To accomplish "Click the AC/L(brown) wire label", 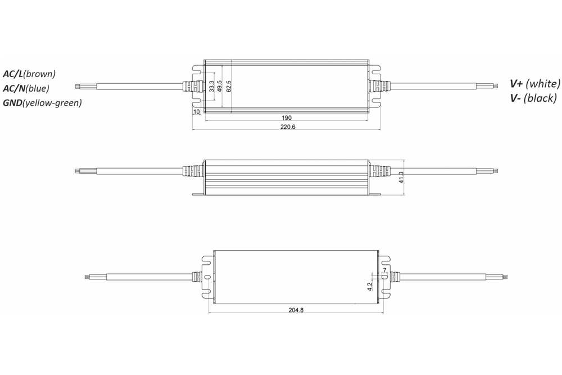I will coord(29,74).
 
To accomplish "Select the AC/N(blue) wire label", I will coord(26,88).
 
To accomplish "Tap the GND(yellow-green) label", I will coord(42,102).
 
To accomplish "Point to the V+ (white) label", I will coord(534,84).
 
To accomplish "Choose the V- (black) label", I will coord(532,98).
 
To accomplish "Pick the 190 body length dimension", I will coord(287,118).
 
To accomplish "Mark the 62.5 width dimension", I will coord(229,86).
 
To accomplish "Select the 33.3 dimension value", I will coord(211,86).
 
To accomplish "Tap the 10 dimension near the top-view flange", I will coord(196,111).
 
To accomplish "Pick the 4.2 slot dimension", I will coord(370,286).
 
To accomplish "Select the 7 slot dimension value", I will coord(385,270).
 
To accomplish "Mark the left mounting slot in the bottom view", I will coord(207,277).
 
